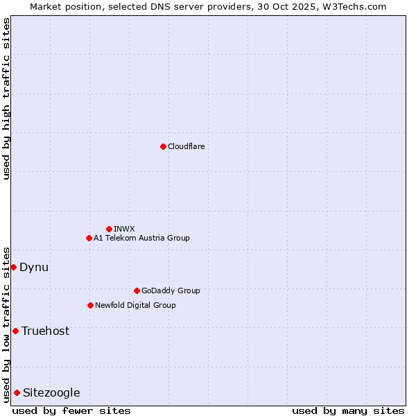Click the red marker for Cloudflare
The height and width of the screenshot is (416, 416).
coord(163,146)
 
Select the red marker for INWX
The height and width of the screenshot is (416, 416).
coord(109,229)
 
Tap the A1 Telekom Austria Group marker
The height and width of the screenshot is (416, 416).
coord(89,238)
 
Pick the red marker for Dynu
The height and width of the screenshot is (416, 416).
coord(13,267)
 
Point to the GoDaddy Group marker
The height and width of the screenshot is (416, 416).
coord(137,291)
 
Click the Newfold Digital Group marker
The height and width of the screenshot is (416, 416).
coord(90,305)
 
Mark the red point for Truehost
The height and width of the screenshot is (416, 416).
coord(15,331)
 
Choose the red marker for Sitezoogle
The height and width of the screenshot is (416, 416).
coord(17,392)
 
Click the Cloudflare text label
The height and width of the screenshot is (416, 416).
coord(186,146)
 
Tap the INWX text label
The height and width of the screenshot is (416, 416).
coord(124,229)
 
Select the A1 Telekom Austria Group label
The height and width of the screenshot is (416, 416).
coord(141,238)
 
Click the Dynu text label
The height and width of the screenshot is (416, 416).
coord(34,267)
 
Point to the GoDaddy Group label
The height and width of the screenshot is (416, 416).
coord(170,291)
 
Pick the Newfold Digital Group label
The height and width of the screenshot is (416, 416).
coord(135,305)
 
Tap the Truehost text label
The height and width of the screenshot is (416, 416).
coord(45,331)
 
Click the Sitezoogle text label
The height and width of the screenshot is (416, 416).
coord(51,392)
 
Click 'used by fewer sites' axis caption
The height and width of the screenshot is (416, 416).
coord(71,410)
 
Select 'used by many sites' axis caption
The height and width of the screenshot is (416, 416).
coord(348,410)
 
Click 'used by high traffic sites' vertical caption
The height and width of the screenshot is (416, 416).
coord(6,99)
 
